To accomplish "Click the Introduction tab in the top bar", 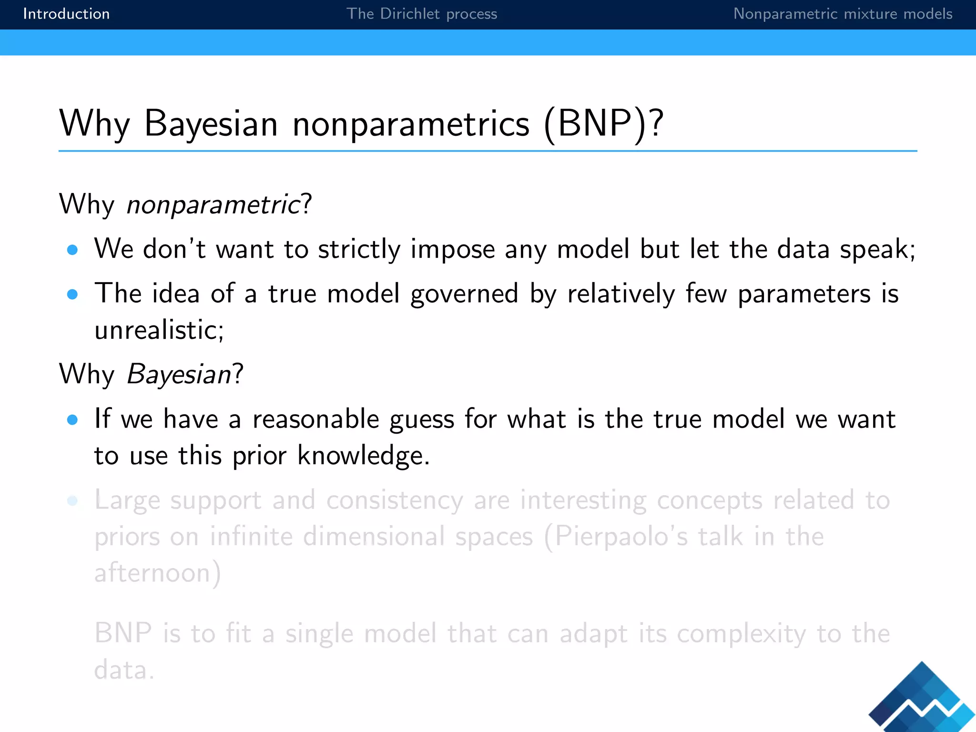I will (66, 14).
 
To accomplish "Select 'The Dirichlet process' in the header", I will (421, 14).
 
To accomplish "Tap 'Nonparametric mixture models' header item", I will (842, 14).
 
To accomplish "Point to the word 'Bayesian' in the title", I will (211, 124).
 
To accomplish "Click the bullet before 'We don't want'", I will (72, 250).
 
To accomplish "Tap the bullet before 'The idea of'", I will (72, 295).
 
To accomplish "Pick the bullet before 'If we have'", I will (72, 420).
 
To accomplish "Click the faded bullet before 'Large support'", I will (72, 501).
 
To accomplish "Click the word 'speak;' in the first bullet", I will (877, 250).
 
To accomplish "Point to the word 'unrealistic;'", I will (159, 330).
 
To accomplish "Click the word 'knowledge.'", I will (363, 456).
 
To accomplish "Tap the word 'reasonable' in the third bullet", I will (315, 420).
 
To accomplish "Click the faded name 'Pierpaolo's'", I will (621, 537).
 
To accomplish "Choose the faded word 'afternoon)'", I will (158, 573).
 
